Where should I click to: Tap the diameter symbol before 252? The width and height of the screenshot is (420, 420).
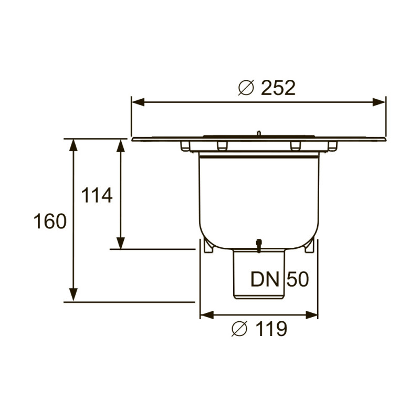[x=246, y=88]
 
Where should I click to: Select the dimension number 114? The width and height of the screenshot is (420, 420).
[x=97, y=196]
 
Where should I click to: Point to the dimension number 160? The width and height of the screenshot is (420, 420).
[x=50, y=221]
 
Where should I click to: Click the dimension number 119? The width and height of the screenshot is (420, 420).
[x=271, y=329]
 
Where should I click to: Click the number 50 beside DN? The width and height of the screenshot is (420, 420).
[x=297, y=279]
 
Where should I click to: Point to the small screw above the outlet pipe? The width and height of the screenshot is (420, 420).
[x=258, y=245]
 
